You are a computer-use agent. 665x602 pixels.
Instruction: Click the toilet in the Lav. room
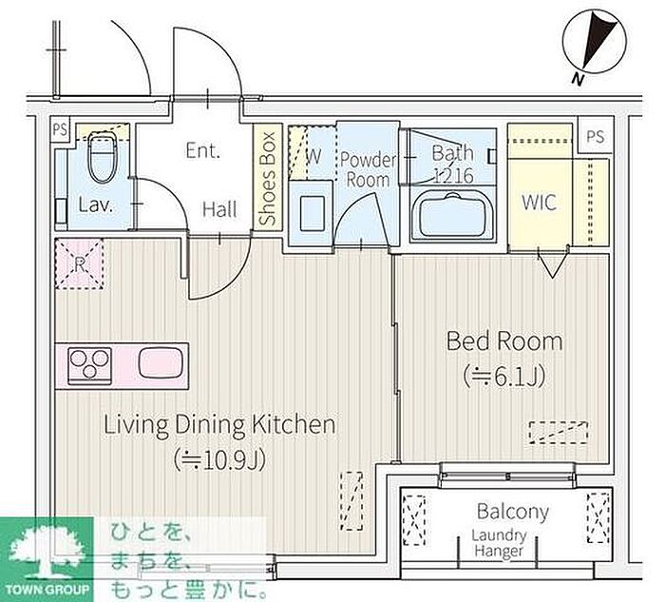coord(102,157)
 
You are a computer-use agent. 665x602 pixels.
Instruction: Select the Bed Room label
coord(504,340)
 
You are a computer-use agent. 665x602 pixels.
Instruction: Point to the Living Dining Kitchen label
coord(219,424)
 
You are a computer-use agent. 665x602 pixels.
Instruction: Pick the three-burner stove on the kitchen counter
coord(90,364)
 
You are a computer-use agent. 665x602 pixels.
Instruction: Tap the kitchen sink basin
coord(161,362)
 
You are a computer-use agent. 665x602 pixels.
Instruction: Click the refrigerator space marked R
coord(79,263)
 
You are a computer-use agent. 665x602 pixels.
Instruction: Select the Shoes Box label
coord(268,178)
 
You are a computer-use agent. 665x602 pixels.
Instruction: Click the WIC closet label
coord(539,202)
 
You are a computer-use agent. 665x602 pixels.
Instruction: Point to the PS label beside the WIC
coord(596,136)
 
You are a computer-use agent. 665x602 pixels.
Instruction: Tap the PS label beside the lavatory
coord(60,129)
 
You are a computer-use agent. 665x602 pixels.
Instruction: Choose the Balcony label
coord(513,512)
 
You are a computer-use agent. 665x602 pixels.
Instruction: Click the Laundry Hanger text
coord(499,543)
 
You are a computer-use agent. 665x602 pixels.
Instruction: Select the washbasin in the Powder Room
coord(312,212)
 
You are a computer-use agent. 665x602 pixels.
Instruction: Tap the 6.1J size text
coord(503,376)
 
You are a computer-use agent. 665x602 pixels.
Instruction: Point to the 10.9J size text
coord(219,459)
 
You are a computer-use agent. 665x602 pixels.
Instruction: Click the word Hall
coord(219,209)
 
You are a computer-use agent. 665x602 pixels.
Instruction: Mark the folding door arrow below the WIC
coord(552,265)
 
